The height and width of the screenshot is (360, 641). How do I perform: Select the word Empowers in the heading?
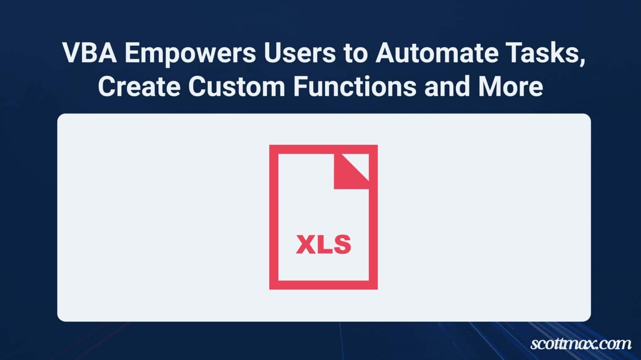[x=190, y=54]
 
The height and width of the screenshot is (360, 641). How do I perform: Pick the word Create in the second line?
[x=139, y=86]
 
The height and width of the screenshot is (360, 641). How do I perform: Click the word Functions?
[x=355, y=86]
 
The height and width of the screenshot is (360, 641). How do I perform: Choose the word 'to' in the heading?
[x=356, y=53]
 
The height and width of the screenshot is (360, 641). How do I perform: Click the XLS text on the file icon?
[x=323, y=244]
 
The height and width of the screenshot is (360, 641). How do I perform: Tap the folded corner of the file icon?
[x=351, y=172]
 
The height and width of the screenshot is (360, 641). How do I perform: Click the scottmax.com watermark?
[x=581, y=343]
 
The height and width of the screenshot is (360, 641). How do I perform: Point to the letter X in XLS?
[x=305, y=244]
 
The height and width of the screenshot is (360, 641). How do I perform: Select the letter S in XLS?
[x=342, y=244]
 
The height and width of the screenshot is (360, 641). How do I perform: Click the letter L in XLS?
[x=324, y=244]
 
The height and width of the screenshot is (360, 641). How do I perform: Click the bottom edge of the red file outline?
[x=323, y=285]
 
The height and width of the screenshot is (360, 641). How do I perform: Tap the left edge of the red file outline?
[x=274, y=217]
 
